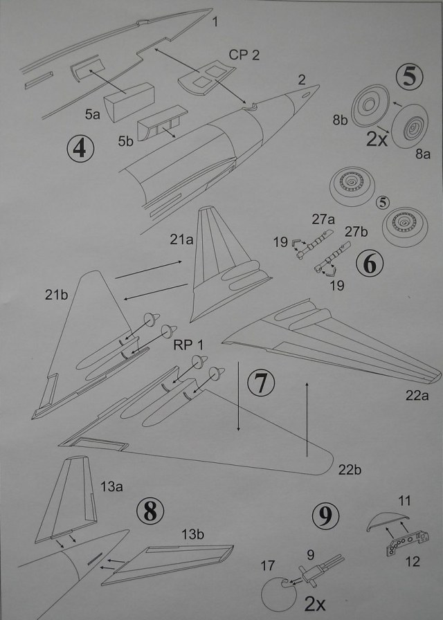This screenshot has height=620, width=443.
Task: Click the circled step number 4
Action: click(81, 148)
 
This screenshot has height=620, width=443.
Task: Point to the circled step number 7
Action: click(260, 383)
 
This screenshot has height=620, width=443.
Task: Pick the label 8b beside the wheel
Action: click(340, 119)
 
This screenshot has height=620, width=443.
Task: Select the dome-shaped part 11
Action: click(388, 518)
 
